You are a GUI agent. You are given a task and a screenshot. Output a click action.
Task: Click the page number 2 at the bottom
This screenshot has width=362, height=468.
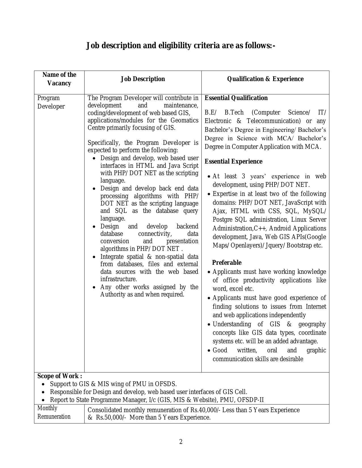click(x=181, y=442)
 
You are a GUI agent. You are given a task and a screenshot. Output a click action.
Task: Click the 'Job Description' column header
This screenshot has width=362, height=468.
click(x=143, y=79)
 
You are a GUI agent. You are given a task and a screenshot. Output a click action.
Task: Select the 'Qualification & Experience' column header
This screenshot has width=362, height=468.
click(x=265, y=79)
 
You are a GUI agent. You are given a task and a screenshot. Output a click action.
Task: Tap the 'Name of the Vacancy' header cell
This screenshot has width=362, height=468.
click(x=59, y=79)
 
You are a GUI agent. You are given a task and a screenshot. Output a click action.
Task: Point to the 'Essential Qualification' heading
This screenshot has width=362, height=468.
click(x=236, y=98)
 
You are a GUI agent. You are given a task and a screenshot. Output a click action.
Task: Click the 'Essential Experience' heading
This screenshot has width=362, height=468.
click(x=233, y=162)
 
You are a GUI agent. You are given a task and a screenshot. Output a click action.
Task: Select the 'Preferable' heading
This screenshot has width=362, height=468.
click(x=227, y=262)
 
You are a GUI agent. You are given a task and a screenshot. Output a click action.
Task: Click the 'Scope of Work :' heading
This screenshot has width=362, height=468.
click(x=60, y=376)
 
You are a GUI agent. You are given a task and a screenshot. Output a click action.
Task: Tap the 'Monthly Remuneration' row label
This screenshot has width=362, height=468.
click(x=54, y=412)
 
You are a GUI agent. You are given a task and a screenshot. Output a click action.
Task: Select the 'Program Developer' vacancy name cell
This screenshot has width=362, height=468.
click(x=51, y=102)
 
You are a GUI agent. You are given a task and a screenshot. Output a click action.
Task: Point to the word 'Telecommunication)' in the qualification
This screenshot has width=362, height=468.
click(x=273, y=121)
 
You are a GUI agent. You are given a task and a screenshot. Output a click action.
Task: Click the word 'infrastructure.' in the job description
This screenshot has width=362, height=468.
click(x=119, y=279)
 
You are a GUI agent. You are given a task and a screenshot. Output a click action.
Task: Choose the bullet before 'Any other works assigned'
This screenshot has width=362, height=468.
click(x=94, y=287)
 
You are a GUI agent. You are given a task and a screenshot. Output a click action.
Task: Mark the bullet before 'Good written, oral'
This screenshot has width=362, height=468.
click(x=209, y=350)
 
